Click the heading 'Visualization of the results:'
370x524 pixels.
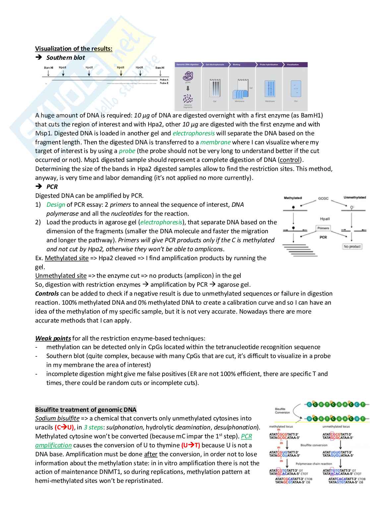[x=74, y=49]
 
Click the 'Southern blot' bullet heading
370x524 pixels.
[x=65, y=58]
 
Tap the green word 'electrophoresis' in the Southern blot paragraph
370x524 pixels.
[x=194, y=133]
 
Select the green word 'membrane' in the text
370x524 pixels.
[x=216, y=142]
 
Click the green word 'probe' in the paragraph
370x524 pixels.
[x=127, y=151]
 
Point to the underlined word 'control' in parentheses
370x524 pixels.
[x=290, y=160]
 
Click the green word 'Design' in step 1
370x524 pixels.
[x=56, y=205]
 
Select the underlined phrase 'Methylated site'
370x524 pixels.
[x=67, y=258]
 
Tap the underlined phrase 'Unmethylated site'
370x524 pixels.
[x=61, y=276]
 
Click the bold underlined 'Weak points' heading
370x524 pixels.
[x=53, y=338]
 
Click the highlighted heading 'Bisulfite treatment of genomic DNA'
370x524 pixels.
[x=86, y=410]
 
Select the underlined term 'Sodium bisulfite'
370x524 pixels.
[x=57, y=418]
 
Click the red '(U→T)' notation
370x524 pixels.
[x=191, y=445]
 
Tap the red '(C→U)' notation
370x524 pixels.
[x=64, y=427]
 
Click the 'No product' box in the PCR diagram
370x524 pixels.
[x=352, y=247]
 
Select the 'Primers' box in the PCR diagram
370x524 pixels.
[x=323, y=228]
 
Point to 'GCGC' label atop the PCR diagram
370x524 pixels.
[x=323, y=198]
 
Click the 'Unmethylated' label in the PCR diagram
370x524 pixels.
[x=354, y=198]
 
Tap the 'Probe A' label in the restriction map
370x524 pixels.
[x=164, y=80]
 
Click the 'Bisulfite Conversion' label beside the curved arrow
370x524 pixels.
[x=282, y=411]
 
